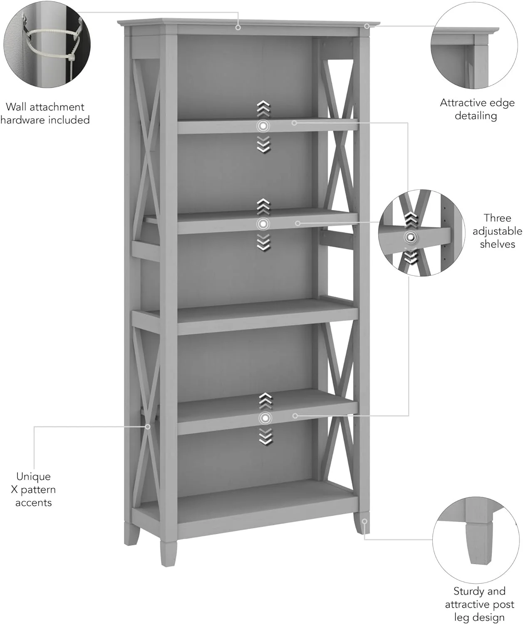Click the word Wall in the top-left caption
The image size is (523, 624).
16,107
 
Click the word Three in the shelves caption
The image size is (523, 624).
497,218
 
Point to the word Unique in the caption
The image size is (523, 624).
33,476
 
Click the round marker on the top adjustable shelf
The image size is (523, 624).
263,126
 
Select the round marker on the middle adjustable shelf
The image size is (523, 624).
263,224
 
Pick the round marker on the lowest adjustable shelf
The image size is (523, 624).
265,418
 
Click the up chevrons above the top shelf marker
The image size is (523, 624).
263,109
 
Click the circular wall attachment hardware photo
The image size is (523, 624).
47,44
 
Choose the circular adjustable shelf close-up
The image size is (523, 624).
421,233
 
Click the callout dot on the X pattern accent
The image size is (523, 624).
148,426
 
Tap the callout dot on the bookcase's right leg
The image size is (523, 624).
364,521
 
